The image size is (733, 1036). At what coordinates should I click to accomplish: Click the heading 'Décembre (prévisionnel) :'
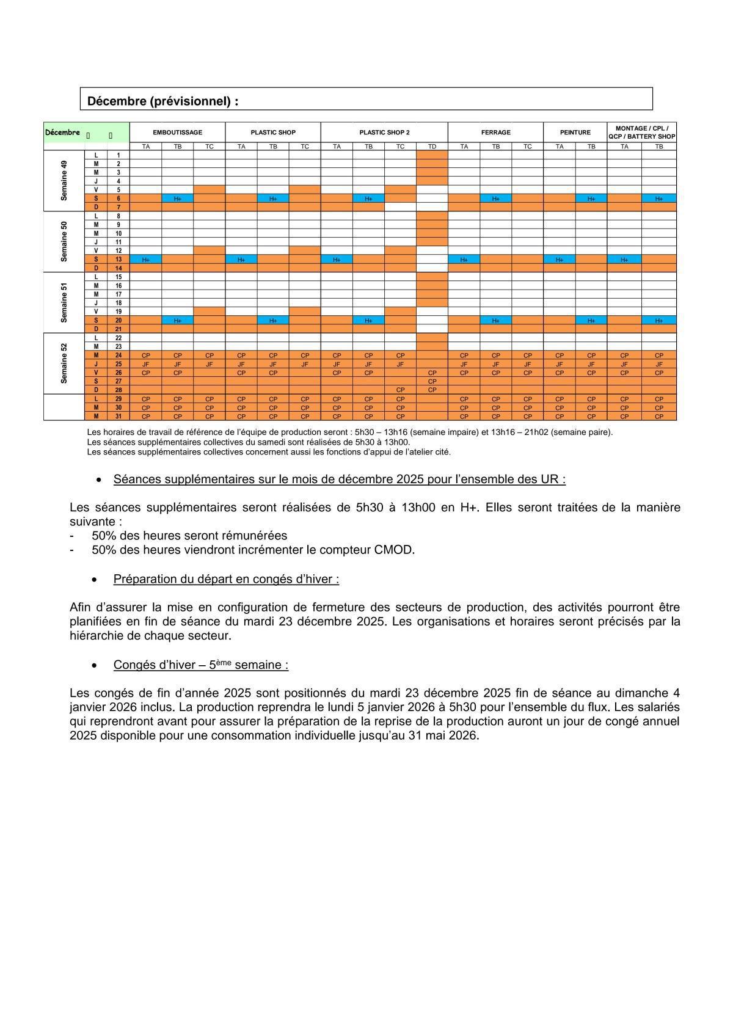tap(163, 101)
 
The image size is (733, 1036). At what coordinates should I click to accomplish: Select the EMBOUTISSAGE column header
tap(177, 132)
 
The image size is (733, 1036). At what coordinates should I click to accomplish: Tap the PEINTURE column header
tap(575, 132)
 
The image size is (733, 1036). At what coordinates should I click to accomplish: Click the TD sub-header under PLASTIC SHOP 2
tap(432, 147)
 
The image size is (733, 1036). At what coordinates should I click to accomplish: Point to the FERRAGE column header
tap(495, 132)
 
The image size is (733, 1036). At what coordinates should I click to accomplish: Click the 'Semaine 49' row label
tap(64, 181)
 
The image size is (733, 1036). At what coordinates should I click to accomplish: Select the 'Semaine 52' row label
tap(64, 363)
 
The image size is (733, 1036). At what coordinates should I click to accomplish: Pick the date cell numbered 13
tap(119, 260)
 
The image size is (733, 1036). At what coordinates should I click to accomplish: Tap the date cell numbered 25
tap(119, 364)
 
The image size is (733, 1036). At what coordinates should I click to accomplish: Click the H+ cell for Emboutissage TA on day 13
tap(146, 260)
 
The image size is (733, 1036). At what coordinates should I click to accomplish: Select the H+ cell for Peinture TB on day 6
tap(591, 199)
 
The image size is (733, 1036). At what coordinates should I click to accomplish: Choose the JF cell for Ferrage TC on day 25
tap(527, 364)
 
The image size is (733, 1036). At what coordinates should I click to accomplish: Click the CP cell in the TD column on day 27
tap(432, 381)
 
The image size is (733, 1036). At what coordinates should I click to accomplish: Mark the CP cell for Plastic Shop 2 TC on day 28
tap(400, 390)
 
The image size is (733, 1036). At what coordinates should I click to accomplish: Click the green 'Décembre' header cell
tap(63, 133)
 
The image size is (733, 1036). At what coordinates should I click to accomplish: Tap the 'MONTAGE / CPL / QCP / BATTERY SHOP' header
tap(641, 133)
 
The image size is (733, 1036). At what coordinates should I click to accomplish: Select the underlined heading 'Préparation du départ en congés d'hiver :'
tap(226, 579)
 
